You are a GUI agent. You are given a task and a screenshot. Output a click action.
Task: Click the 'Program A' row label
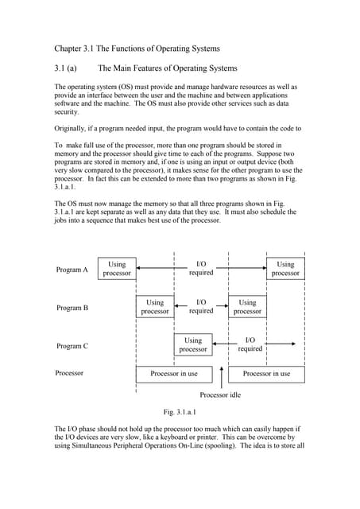coord(72,270)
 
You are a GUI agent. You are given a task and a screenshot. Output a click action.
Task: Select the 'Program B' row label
coord(72,307)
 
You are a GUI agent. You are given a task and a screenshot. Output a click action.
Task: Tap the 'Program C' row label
coord(72,346)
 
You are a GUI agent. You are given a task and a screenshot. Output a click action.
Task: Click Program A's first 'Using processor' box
coord(117,269)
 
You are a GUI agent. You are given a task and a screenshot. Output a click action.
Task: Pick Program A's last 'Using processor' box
coord(285,269)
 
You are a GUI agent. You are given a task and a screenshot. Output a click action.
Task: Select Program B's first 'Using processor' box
coord(155,307)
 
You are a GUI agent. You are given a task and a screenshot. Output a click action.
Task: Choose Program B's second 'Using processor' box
coord(247,307)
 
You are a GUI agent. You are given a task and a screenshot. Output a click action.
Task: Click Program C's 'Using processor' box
coord(192,344)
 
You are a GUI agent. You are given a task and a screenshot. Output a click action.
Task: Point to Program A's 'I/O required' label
coord(201,268)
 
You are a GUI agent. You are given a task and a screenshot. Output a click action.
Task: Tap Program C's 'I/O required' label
coord(250,344)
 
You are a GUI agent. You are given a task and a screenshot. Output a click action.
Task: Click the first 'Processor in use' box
coord(174,373)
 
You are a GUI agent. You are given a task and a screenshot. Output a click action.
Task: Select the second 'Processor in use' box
coord(266,373)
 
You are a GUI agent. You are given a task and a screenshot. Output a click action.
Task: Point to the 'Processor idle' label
coord(220,395)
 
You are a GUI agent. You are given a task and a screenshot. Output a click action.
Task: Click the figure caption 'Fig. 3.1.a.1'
coord(180,412)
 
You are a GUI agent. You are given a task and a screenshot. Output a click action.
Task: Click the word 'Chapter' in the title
coord(69,49)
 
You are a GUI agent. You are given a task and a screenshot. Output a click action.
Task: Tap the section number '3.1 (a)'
coord(65,68)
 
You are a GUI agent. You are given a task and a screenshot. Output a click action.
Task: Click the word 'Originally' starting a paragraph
coord(71,128)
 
